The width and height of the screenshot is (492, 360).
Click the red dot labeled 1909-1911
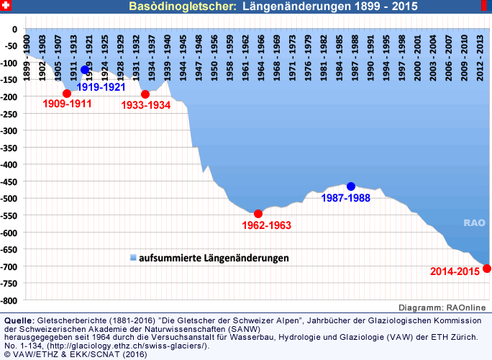pyautogui.click(x=67, y=94)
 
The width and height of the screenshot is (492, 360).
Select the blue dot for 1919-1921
pyautogui.click(x=86, y=70)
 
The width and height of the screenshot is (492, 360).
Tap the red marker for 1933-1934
pyautogui.click(x=145, y=94)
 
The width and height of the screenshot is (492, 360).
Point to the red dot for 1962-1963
pyautogui.click(x=258, y=214)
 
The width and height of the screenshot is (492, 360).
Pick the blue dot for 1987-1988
pyautogui.click(x=351, y=186)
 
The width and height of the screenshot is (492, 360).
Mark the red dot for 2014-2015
pyautogui.click(x=487, y=269)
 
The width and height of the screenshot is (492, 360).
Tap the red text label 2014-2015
pyautogui.click(x=455, y=271)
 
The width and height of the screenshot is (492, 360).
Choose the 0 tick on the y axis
pyautogui.click(x=16, y=29)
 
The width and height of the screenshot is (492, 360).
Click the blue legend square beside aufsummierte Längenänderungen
pyautogui.click(x=132, y=257)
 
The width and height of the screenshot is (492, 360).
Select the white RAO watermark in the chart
pyautogui.click(x=474, y=223)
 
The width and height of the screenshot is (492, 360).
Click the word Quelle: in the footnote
pyautogui.click(x=19, y=319)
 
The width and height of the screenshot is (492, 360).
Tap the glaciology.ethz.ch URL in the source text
pyautogui.click(x=152, y=346)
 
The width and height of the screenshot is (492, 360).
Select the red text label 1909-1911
pyautogui.click(x=67, y=104)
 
